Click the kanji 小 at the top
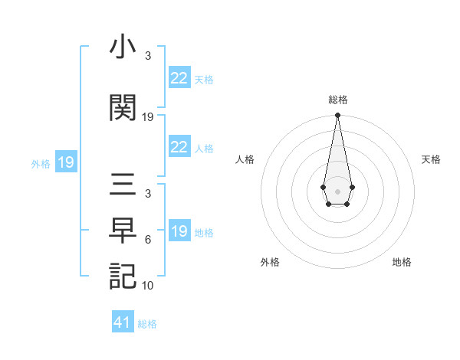coord(123,50)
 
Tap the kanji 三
coord(123,186)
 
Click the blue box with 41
coord(123,322)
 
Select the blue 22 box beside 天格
coord(179,78)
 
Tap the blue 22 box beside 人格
coord(179,147)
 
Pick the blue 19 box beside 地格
coord(179,231)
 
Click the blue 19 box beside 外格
coord(66,162)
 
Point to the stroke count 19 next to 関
coord(148,117)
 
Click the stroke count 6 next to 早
coord(148,240)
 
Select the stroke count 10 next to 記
coord(148,286)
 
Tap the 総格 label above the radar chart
coord(337,100)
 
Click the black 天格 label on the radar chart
coord(432,159)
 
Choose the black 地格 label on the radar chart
coord(402,262)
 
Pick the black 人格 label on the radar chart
coord(245,159)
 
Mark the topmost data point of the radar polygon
coord(337,116)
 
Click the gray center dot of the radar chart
coord(337,190)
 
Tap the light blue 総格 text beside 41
coord(147,324)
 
